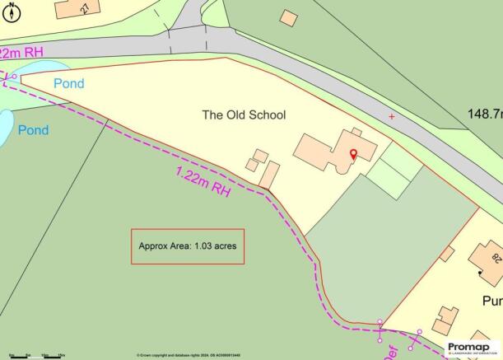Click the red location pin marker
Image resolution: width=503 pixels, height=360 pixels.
coord(354,154)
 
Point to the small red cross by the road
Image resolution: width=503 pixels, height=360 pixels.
coord(391,117)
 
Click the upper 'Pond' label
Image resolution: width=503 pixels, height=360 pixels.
coord(69,84)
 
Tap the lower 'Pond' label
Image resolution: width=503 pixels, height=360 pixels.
coord(34,130)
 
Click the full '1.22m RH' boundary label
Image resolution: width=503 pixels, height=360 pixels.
coord(202,179)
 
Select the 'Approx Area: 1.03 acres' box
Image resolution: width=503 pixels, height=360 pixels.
coord(188,246)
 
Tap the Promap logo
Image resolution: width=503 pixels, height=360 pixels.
coord(473,348)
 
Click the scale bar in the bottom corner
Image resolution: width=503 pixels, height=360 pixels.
coord(33,355)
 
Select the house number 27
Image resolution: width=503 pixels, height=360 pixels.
coord(86,7)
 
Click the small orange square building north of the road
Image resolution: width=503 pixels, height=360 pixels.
coord(287,16)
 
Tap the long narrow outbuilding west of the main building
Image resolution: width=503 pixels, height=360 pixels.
coord(268,175)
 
